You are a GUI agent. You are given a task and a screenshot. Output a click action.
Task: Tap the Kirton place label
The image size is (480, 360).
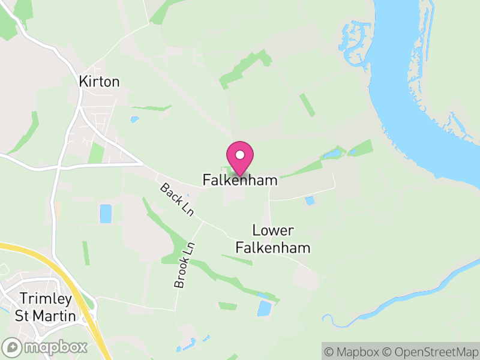click(100, 82)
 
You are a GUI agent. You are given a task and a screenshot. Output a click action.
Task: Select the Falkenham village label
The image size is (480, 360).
click(240, 179)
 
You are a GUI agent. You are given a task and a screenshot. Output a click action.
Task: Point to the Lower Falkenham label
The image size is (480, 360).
click(273, 239)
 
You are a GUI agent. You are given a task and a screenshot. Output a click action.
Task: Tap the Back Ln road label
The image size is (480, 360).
click(174, 200)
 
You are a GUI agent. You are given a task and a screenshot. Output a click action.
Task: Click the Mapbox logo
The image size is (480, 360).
click(46, 347)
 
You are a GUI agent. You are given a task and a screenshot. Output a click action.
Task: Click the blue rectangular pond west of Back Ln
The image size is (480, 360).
click(106, 214)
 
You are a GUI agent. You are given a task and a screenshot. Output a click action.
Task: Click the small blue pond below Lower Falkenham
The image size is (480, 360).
click(264, 308)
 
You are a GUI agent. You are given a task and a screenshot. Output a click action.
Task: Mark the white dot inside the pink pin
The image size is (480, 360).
click(240, 155)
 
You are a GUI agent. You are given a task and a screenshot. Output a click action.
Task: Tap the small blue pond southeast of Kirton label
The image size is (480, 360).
click(134, 119)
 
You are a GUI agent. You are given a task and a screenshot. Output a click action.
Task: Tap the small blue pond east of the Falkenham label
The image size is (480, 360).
click(310, 201)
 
